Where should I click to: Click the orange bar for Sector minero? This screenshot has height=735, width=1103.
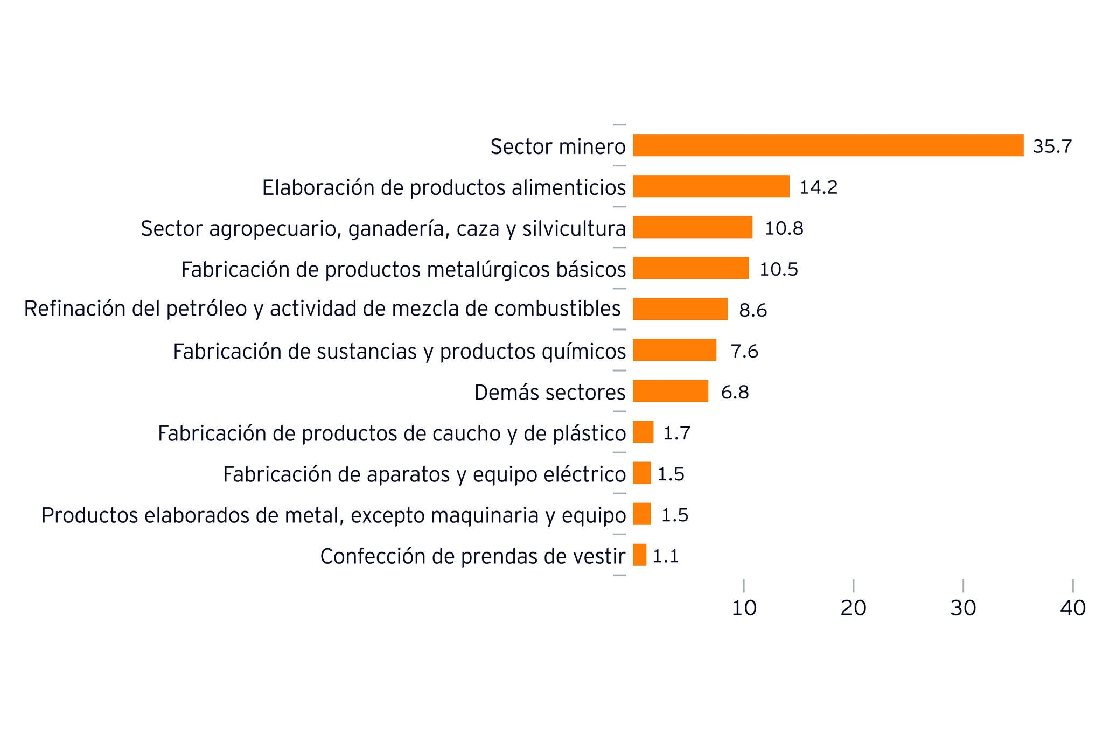pyautogui.click(x=828, y=145)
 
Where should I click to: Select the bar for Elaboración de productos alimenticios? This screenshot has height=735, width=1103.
pyautogui.click(x=711, y=186)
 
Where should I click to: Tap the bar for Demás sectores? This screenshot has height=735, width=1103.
pyautogui.click(x=671, y=391)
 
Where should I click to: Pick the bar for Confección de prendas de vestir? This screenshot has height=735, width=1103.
pyautogui.click(x=639, y=555)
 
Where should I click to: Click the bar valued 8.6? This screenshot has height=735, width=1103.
pyautogui.click(x=680, y=309)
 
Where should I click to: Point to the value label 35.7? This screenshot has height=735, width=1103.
pyautogui.click(x=1052, y=146)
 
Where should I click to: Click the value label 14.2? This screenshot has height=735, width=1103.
pyautogui.click(x=818, y=187)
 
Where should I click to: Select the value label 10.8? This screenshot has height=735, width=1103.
pyautogui.click(x=784, y=228)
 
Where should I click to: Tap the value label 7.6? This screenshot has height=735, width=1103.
pyautogui.click(x=744, y=351)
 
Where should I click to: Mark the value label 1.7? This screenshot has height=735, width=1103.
pyautogui.click(x=676, y=433)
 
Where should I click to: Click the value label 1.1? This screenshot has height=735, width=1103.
pyautogui.click(x=666, y=556)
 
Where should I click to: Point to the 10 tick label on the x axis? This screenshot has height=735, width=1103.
pyautogui.click(x=744, y=608)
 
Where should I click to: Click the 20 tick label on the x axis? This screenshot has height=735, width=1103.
pyautogui.click(x=853, y=608)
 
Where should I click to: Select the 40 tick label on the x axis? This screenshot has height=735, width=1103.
pyautogui.click(x=1072, y=608)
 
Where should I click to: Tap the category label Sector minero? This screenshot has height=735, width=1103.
pyautogui.click(x=557, y=146)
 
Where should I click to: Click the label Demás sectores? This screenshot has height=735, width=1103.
pyautogui.click(x=549, y=392)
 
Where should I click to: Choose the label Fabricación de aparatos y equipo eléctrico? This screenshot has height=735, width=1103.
pyautogui.click(x=424, y=474)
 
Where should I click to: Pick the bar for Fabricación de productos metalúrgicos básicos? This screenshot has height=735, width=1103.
pyautogui.click(x=690, y=268)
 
